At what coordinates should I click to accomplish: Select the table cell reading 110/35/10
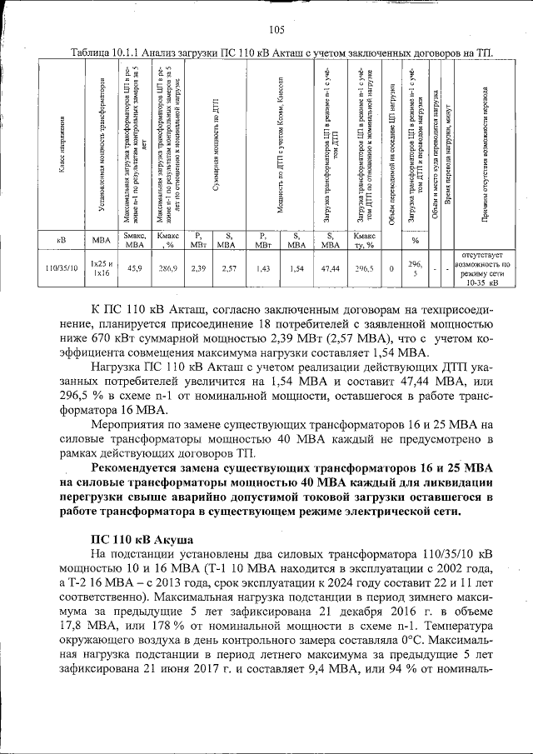pyautogui.click(x=62, y=268)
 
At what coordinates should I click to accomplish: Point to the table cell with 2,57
pyautogui.click(x=225, y=268)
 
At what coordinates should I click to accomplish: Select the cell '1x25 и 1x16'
pyautogui.click(x=101, y=268)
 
